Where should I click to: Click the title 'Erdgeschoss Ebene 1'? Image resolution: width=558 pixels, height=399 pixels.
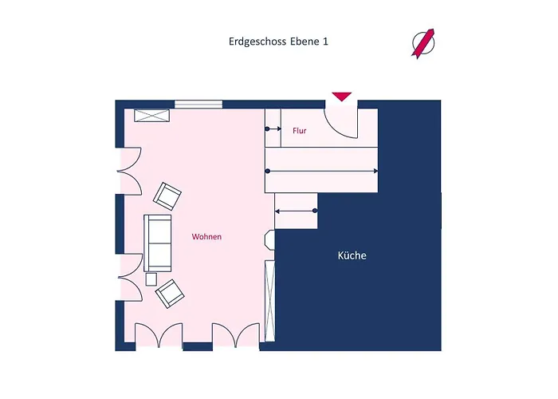click(x=278, y=41)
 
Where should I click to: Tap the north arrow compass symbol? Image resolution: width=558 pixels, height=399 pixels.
click(x=423, y=43)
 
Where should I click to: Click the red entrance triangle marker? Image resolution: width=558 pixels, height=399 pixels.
click(x=342, y=97)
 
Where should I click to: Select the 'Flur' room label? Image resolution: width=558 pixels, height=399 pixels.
click(x=299, y=131)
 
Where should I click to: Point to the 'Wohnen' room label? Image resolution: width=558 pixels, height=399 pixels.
click(x=206, y=236)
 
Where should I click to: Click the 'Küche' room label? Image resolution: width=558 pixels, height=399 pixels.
click(x=352, y=255)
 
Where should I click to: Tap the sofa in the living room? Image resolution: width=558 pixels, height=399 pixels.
click(x=157, y=243)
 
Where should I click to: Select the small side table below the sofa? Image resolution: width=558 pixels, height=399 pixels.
click(x=151, y=279)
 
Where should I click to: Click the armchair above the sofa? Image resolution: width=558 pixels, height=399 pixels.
click(x=167, y=196)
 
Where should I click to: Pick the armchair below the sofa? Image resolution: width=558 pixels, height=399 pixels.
click(x=170, y=294)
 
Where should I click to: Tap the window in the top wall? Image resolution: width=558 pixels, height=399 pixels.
click(x=198, y=105)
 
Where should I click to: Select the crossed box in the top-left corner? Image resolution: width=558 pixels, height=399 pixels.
click(x=151, y=116)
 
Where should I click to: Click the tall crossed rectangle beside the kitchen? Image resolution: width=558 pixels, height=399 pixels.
click(x=269, y=301)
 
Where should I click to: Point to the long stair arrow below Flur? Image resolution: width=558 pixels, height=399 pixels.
click(x=322, y=172)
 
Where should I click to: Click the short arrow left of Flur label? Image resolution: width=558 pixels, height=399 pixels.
click(x=273, y=129)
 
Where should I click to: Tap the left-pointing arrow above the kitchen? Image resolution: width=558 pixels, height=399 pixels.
click(x=296, y=211)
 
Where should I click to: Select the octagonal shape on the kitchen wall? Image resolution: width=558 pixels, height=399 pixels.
click(x=269, y=239)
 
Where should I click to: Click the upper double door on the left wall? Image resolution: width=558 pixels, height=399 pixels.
click(x=129, y=171)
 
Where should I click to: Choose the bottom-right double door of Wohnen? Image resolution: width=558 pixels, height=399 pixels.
click(x=236, y=334)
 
